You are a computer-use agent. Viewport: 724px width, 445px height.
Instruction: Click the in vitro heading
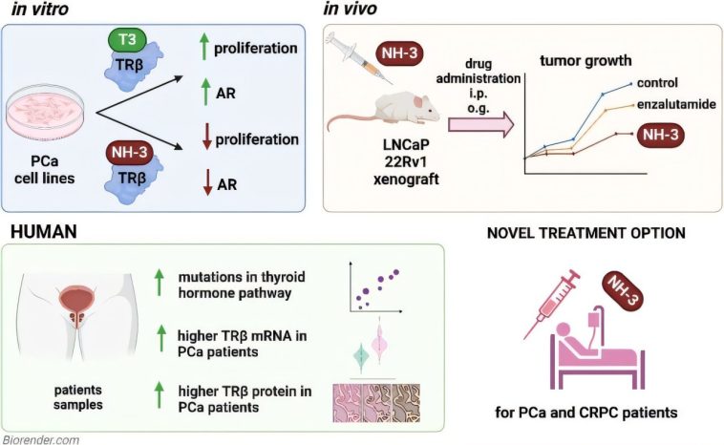pyautogui.click(x=39, y=10)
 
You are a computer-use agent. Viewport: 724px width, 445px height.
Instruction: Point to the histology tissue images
pyautogui.click(x=376, y=402)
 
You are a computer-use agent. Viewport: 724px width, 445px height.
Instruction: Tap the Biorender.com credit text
pyautogui.click(x=40, y=438)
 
